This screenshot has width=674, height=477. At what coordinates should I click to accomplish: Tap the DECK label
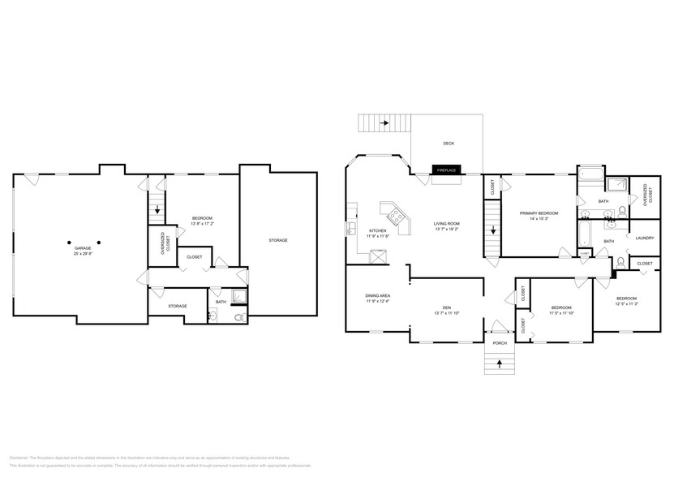point(449,144)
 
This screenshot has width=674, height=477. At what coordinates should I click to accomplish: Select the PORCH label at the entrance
point(500,342)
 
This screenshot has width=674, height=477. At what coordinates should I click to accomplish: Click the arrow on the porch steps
point(500,362)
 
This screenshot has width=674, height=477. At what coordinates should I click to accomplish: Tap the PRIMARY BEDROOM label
point(539,213)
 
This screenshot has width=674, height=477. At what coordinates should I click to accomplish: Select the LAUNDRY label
point(645,238)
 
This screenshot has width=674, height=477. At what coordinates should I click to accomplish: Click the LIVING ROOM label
point(447,223)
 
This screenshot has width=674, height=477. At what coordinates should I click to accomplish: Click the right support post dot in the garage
point(99,242)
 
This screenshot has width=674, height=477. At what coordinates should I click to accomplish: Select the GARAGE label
point(84,250)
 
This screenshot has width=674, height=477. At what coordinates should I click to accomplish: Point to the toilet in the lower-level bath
point(238,318)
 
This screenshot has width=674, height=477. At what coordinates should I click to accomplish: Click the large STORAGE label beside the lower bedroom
point(278,240)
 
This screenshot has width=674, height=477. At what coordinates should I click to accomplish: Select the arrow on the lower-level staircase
point(157,209)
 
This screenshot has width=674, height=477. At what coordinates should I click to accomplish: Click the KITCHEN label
point(378,230)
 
